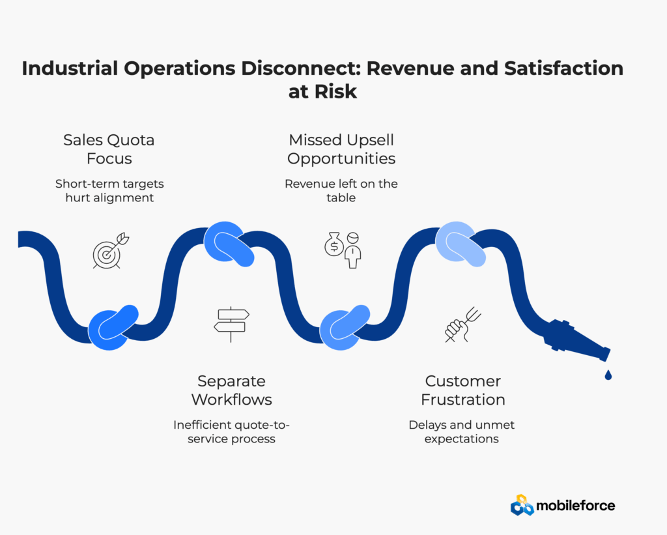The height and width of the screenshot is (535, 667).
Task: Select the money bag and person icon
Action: [x=343, y=249]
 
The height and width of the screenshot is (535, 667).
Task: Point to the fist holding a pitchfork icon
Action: [x=462, y=324]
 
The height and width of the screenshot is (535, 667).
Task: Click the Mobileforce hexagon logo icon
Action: [x=522, y=505]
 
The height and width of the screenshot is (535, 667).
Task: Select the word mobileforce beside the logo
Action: [x=575, y=505]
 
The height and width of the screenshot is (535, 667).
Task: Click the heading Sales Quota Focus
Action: [x=109, y=149]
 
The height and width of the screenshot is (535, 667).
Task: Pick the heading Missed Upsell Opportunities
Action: [x=341, y=149]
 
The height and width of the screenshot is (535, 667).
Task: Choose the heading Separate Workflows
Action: [x=231, y=390]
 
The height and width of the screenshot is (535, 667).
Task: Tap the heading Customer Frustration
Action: [x=462, y=390]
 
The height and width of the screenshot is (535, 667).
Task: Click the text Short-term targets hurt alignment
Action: [x=109, y=190]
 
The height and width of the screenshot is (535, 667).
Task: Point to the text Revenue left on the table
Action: [x=341, y=190]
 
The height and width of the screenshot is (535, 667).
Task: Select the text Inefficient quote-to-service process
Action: [x=231, y=431]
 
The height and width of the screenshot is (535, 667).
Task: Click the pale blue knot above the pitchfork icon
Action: [x=461, y=244]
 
